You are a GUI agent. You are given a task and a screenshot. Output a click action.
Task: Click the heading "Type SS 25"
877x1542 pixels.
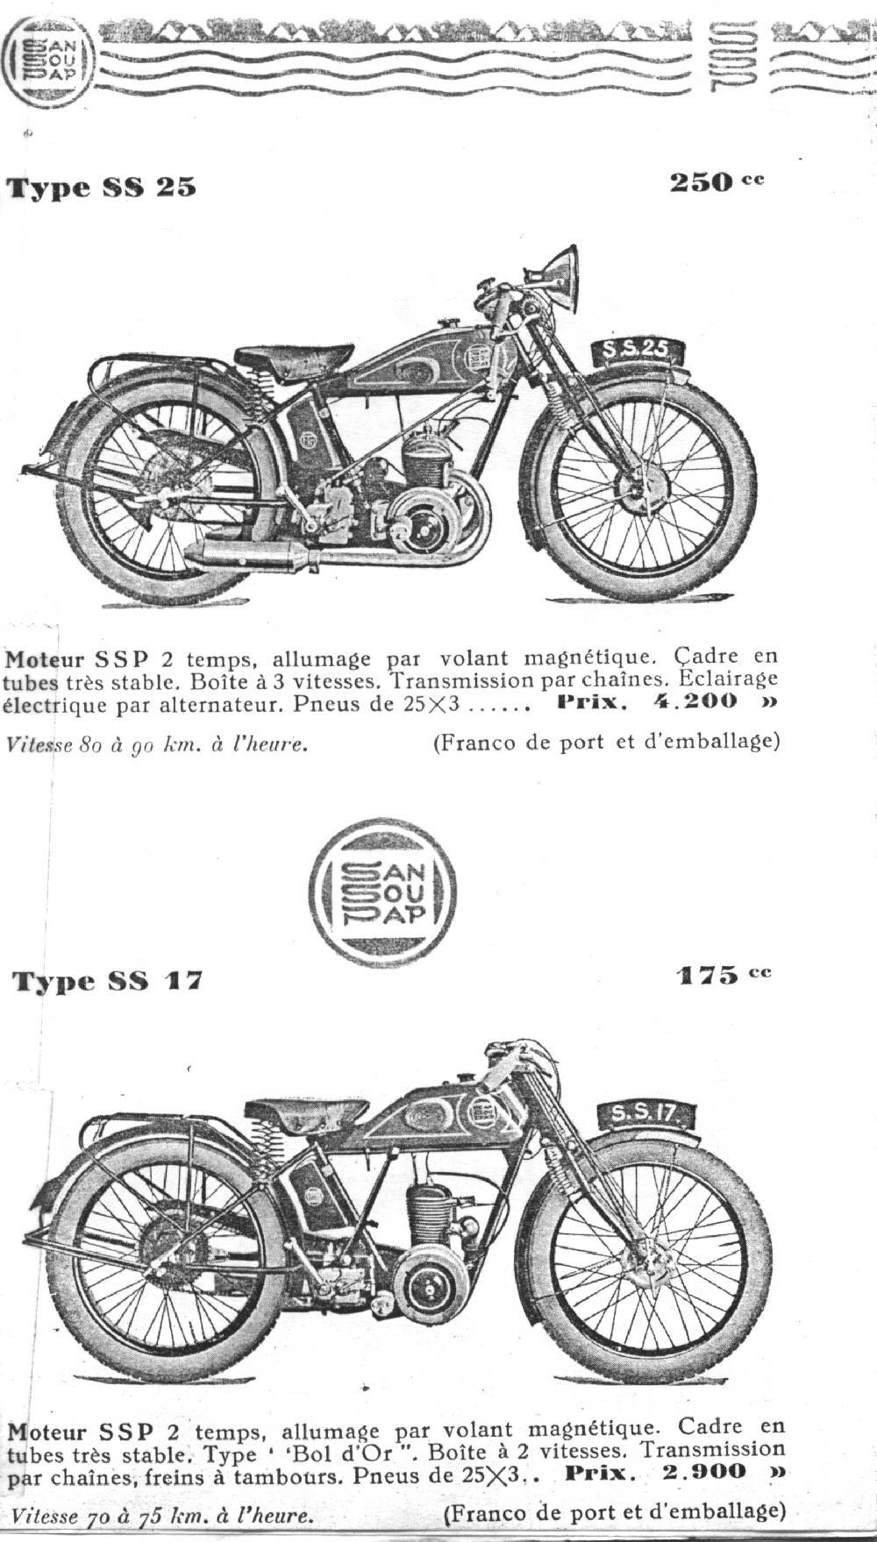pos(102,187)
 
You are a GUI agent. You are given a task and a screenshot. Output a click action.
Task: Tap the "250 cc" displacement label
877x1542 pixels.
pos(717,182)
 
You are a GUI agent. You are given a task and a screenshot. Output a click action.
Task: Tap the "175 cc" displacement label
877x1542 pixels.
pos(724,975)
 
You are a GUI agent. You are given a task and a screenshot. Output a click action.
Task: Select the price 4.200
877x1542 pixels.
pos(695,701)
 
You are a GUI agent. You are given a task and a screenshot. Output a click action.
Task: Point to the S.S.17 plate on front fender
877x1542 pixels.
pos(645,1114)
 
